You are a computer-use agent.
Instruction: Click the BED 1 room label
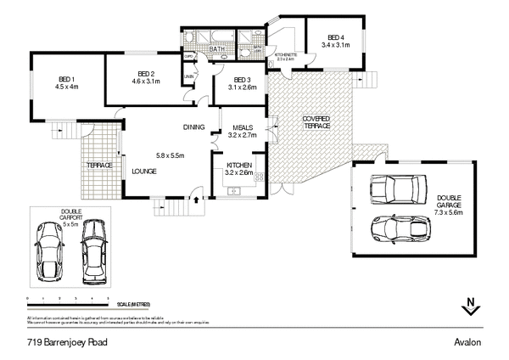(65, 80)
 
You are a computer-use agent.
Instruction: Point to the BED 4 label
(337, 37)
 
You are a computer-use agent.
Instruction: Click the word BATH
(217, 50)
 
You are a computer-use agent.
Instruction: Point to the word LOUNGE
(144, 171)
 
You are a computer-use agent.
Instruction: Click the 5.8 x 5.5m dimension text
(171, 155)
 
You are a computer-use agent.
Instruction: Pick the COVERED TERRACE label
(314, 122)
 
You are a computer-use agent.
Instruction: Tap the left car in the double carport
(50, 252)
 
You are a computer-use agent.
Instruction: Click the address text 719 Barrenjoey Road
(65, 341)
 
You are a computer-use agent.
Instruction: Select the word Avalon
(467, 341)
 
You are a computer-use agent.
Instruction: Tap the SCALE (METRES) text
(134, 303)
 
